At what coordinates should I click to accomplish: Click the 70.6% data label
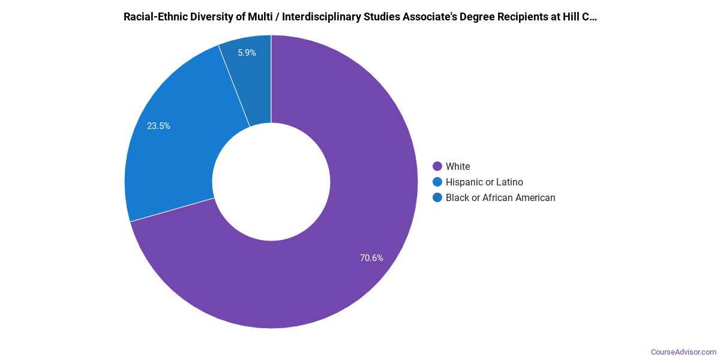[x=371, y=258]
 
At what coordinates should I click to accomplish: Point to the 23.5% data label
[x=158, y=126]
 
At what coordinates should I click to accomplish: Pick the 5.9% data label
[x=247, y=53]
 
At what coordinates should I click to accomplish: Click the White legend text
[x=458, y=166]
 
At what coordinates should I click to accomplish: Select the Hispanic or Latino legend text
[x=484, y=182]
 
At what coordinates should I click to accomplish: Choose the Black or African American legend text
[x=500, y=197]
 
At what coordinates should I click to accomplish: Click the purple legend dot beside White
[x=437, y=166]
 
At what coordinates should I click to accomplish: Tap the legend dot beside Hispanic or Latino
[x=437, y=182]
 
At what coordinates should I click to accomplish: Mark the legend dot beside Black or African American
[x=437, y=197]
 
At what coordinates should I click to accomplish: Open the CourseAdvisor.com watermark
[x=683, y=352]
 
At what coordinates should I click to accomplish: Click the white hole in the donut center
[x=271, y=182]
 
